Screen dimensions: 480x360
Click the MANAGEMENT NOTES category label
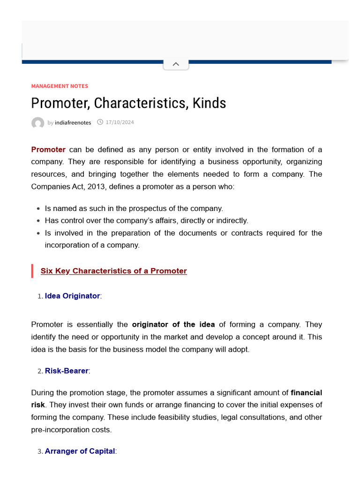(60, 86)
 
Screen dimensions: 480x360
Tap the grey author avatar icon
(37, 123)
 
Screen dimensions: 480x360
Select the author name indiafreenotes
(73, 123)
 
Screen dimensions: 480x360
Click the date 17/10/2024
(120, 122)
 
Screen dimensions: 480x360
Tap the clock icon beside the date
(100, 122)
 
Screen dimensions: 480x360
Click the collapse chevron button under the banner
(176, 64)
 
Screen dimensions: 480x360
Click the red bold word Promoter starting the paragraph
(48, 150)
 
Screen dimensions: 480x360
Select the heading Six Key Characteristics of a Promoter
(113, 271)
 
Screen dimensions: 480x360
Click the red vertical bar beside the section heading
(32, 271)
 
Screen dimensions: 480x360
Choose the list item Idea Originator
(72, 296)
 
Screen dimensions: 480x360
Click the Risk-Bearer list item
(67, 371)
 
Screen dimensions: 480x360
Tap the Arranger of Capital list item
(80, 451)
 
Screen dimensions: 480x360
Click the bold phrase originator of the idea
(173, 324)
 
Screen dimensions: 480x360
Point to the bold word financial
(306, 392)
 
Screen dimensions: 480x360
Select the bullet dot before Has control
(38, 221)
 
